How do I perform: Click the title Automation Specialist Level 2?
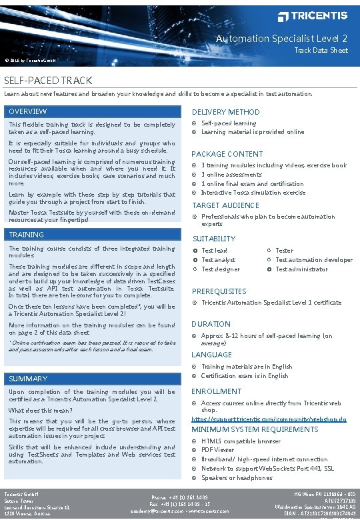pos(281,39)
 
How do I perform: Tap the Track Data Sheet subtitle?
pos(321,51)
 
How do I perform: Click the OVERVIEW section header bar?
pos(92,111)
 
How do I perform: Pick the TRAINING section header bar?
pos(92,235)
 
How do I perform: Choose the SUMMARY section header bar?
pos(92,379)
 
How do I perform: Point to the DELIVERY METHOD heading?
pos(226,112)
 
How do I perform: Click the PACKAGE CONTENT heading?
pos(227,154)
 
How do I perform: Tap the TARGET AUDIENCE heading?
pos(226,205)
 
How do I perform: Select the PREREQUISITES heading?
pos(219,291)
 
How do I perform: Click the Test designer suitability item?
pos(221,269)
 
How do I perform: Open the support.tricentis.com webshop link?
pos(269,419)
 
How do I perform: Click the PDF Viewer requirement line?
pos(218,450)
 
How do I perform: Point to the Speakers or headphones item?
pos(237,478)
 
